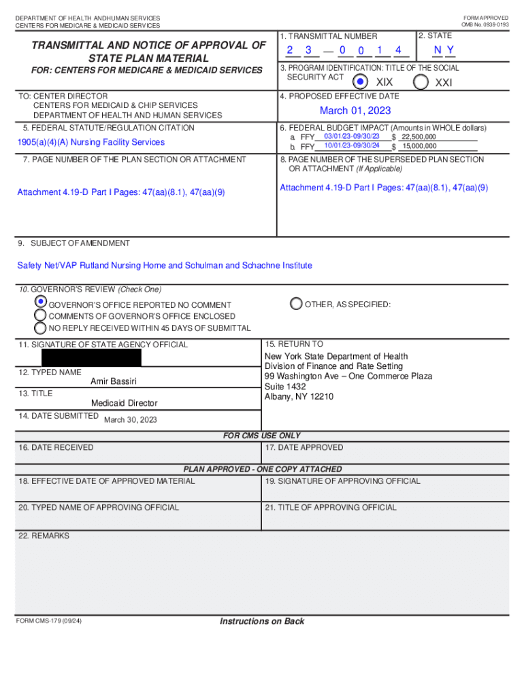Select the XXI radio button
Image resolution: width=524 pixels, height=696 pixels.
pyautogui.click(x=421, y=82)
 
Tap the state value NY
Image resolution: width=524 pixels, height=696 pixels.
pyautogui.click(x=444, y=50)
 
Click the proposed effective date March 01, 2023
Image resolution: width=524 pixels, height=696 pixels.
pyautogui.click(x=355, y=111)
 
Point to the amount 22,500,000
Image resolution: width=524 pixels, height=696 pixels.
pyautogui.click(x=419, y=137)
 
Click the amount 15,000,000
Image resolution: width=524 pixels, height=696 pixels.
pyautogui.click(x=419, y=146)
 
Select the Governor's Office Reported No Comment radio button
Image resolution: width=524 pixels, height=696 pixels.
pyautogui.click(x=41, y=301)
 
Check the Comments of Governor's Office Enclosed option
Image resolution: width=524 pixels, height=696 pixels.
pyautogui.click(x=41, y=316)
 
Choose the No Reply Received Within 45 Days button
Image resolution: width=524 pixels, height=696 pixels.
pyautogui.click(x=41, y=328)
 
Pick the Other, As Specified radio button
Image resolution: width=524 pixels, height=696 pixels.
pyautogui.click(x=296, y=304)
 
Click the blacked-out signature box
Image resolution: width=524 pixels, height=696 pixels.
pyautogui.click(x=91, y=358)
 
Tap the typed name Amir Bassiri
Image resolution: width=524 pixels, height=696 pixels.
pyautogui.click(x=114, y=382)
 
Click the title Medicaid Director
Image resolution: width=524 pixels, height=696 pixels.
pyautogui.click(x=124, y=403)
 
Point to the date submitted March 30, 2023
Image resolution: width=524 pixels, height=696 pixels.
pyautogui.click(x=130, y=419)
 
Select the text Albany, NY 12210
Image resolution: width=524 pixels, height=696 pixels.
pyautogui.click(x=299, y=397)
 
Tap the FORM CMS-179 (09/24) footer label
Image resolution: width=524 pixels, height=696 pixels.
pyautogui.click(x=50, y=621)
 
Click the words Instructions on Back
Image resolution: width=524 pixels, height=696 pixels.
pyautogui.click(x=262, y=621)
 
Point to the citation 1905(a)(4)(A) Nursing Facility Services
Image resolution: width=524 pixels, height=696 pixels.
pyautogui.click(x=91, y=142)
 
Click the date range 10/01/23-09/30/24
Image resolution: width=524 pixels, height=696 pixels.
pyautogui.click(x=352, y=146)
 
